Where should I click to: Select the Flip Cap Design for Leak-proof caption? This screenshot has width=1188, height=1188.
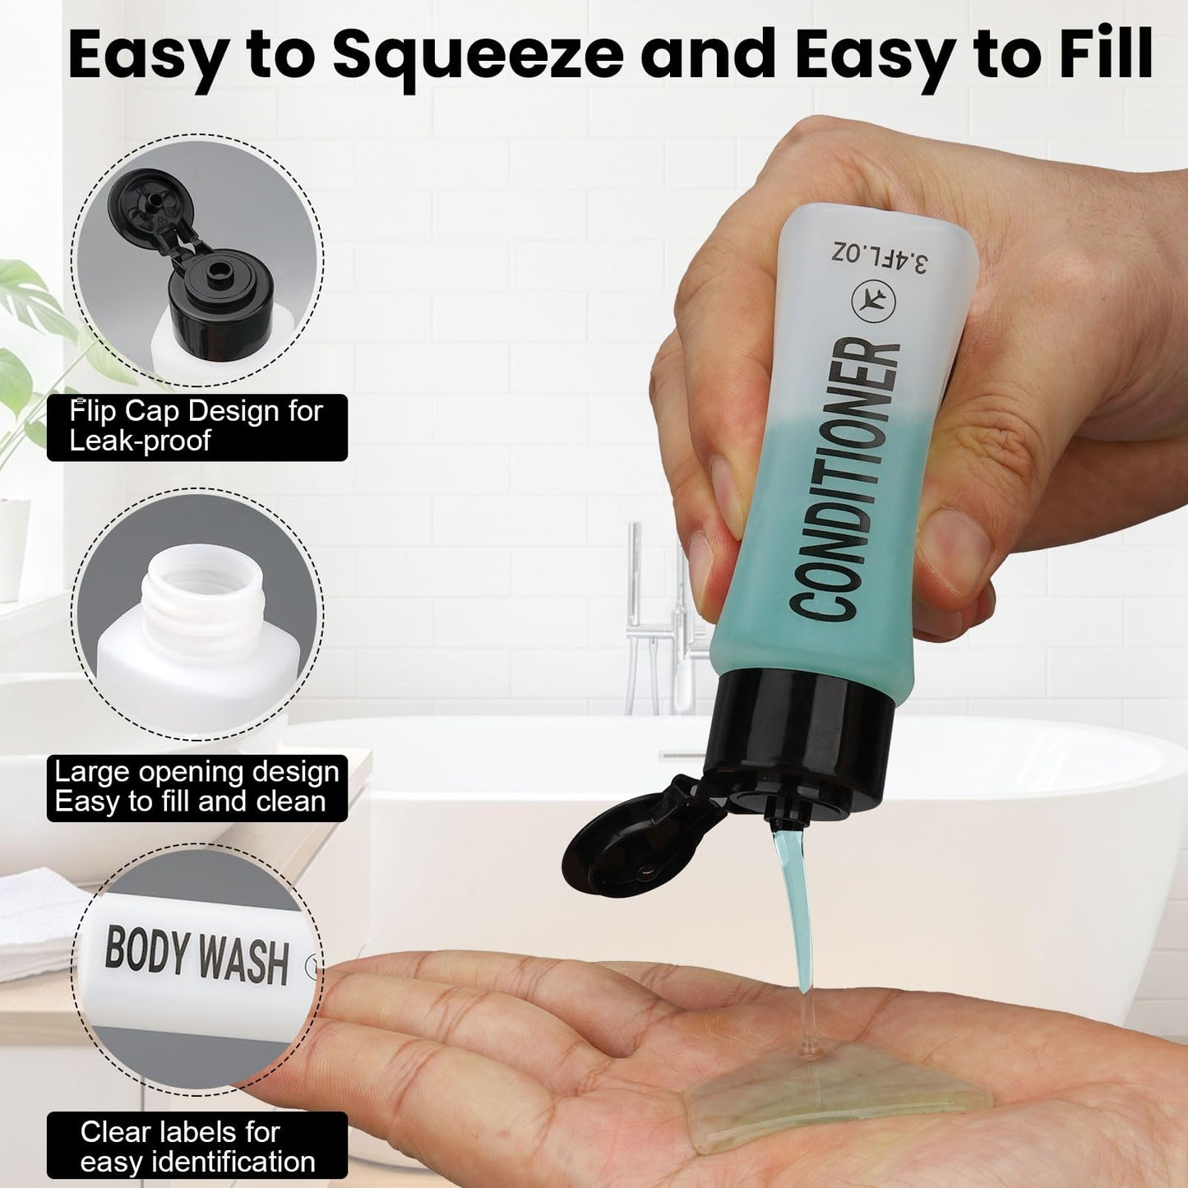click(197, 428)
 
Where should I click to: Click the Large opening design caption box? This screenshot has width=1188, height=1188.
click(197, 788)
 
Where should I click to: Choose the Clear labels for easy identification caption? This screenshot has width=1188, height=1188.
click(197, 1145)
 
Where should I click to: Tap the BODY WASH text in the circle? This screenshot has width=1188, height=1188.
click(196, 955)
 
